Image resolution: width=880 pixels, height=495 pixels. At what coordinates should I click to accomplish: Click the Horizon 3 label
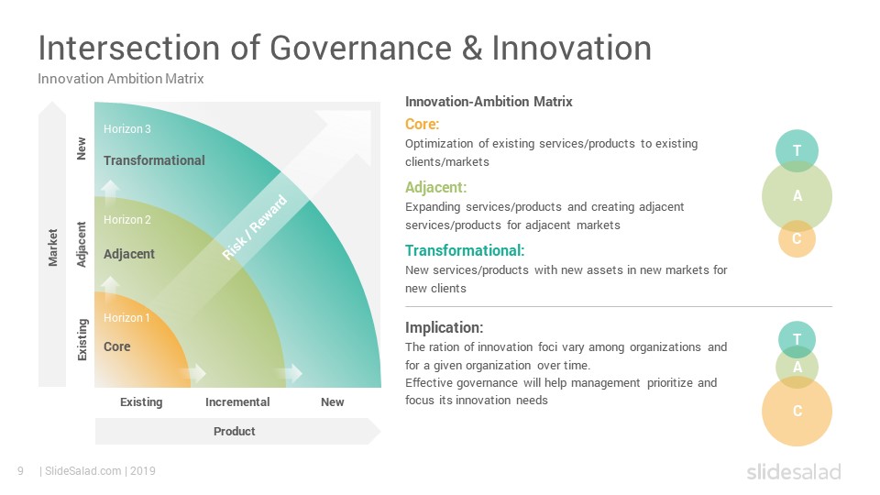126,129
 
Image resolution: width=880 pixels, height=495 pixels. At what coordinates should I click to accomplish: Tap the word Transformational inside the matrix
154,160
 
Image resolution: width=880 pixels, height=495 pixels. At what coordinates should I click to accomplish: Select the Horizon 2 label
126,220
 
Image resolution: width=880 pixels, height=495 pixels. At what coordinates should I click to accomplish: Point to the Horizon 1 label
126,318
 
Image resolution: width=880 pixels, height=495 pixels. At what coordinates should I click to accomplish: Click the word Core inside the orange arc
116,346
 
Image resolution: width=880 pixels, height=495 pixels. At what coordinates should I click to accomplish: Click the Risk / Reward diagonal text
254,227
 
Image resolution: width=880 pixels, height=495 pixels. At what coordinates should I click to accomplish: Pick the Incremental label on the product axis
237,401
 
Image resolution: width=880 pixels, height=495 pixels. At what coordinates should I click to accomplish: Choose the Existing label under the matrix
141,402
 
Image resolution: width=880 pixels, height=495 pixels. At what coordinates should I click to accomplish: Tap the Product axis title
234,431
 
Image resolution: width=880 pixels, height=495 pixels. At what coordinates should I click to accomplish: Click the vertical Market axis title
53,247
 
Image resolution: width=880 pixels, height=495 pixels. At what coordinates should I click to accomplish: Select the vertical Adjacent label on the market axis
82,245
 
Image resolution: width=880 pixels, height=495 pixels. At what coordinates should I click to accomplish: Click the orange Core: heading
422,124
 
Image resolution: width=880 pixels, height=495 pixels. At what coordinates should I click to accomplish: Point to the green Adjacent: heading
435,187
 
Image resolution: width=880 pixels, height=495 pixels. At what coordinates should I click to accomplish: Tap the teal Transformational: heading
465,250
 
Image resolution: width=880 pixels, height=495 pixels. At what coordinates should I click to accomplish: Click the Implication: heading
444,327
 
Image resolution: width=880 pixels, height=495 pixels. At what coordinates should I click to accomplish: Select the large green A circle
797,196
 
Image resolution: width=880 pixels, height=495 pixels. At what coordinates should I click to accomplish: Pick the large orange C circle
797,412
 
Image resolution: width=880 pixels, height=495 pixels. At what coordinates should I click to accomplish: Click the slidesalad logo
794,471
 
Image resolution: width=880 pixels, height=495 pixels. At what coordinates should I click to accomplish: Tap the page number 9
21,471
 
